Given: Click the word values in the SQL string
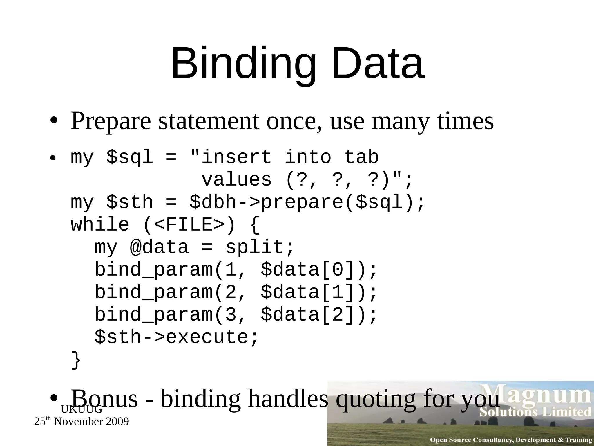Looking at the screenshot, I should [236, 180].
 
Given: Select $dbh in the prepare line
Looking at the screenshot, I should [213, 202].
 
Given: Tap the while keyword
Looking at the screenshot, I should [100, 225].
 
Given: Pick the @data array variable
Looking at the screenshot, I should [159, 247].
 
